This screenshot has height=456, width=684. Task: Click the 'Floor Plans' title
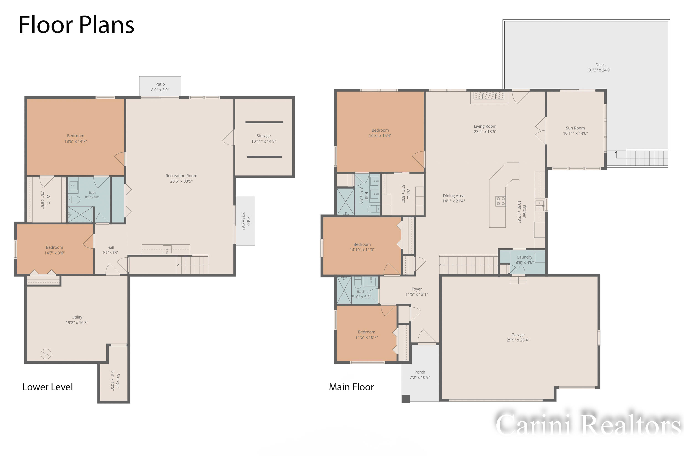tap(76, 25)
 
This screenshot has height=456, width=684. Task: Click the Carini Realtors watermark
tap(588, 425)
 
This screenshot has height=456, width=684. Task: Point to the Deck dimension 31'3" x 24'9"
tap(600, 70)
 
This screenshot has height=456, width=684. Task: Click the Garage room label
tap(518, 335)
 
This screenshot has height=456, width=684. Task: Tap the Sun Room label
tap(575, 128)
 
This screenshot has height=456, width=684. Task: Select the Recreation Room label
tap(181, 176)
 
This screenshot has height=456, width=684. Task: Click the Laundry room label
tap(525, 257)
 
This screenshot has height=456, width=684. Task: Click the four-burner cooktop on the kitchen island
tap(500, 201)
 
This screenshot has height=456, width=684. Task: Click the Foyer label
tap(417, 289)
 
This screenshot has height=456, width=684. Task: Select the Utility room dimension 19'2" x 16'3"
tap(77, 323)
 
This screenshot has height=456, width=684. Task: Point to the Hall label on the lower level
tap(111, 248)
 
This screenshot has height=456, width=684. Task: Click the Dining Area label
tap(453, 196)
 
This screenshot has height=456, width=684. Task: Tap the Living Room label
tap(485, 126)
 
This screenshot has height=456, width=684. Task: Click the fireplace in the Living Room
tap(489, 96)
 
